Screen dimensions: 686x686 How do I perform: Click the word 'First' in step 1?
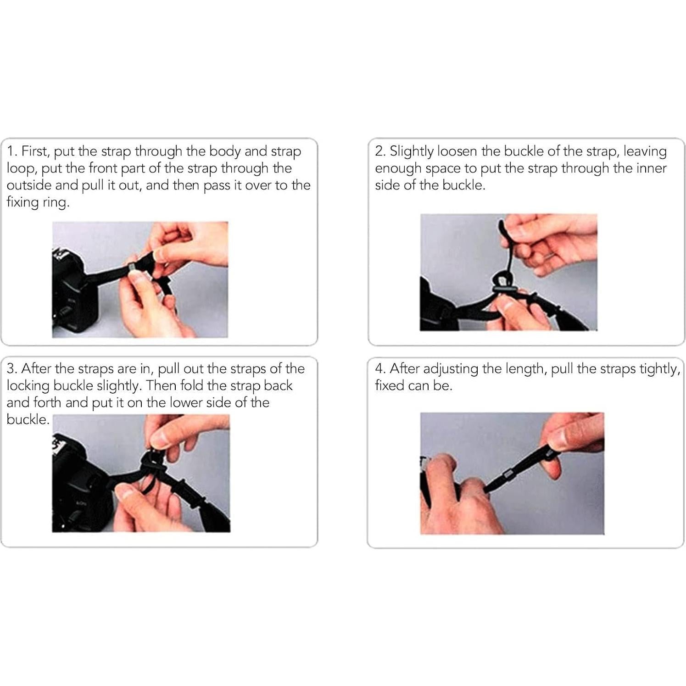(34, 151)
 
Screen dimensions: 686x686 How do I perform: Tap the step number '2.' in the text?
(380, 151)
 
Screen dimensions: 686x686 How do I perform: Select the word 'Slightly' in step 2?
(412, 152)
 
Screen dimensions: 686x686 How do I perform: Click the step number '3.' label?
(12, 368)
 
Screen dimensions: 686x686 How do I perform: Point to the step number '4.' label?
(380, 368)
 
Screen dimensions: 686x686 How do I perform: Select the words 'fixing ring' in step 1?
(37, 203)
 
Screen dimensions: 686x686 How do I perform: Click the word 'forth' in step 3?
(47, 402)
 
